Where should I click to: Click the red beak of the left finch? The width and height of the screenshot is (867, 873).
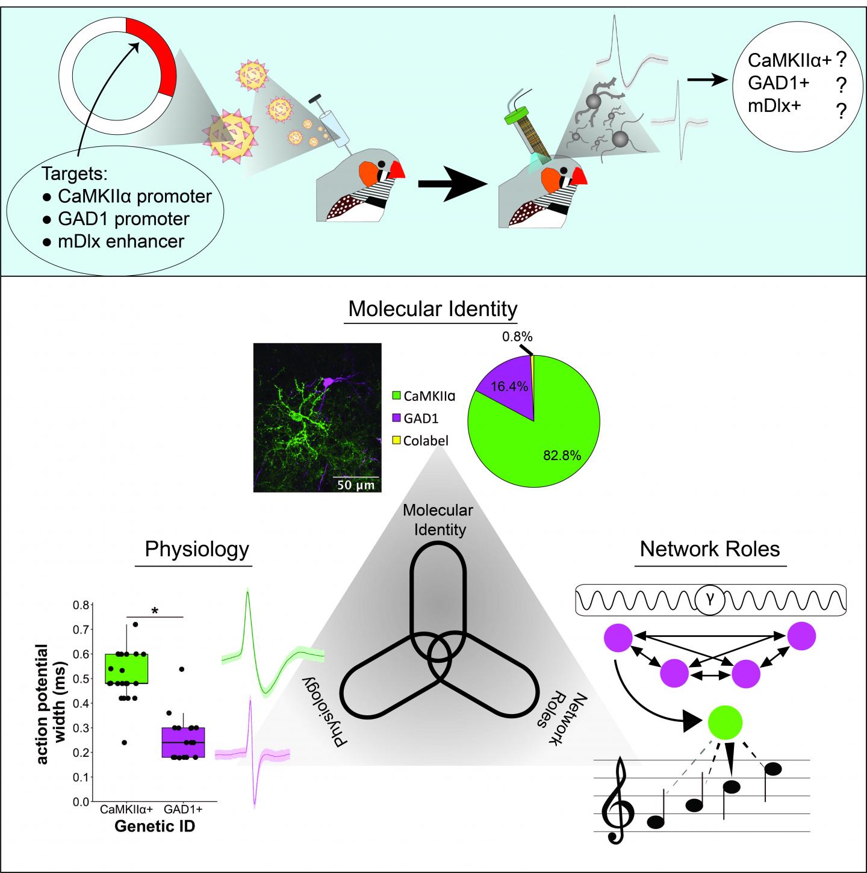tap(397, 170)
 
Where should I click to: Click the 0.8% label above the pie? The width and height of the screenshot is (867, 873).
tap(518, 337)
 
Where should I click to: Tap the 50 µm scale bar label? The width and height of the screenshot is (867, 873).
tap(355, 485)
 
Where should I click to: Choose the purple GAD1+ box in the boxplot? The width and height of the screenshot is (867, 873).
tap(183, 742)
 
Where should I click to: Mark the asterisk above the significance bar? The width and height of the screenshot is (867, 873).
tap(155, 610)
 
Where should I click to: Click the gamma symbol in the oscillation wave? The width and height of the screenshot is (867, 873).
tap(710, 600)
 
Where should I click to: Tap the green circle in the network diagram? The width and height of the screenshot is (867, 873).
tap(725, 722)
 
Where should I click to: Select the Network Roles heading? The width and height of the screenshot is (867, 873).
tap(710, 549)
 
